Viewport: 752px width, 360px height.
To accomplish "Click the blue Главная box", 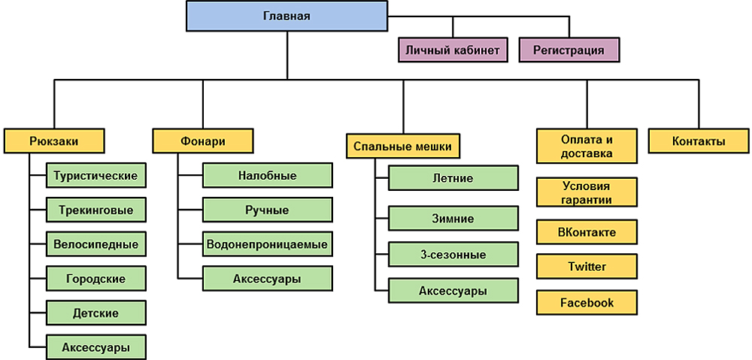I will pos(287,17).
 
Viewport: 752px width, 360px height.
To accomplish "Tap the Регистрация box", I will pos(569,50).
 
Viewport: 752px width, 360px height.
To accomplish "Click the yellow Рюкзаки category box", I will pos(54,141).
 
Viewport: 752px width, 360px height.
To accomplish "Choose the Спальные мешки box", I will pos(403,146).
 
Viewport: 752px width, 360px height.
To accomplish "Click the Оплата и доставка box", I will pos(587,147).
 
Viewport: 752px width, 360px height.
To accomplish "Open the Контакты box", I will pos(699,141).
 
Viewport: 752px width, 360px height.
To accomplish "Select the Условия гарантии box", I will pos(587,192).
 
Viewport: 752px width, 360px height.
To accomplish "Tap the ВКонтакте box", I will pos(587,232).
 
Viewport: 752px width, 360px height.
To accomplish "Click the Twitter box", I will pos(587,267).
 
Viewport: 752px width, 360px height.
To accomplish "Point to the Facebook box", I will pos(587,303).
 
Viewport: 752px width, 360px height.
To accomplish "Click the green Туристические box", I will pos(95,176).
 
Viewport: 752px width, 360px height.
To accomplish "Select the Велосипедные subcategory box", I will pos(95,244).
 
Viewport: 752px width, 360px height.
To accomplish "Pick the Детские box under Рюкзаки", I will pos(95,313).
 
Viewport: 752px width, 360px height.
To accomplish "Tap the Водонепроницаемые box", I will pos(267,244).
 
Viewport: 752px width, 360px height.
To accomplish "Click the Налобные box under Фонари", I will pos(267,176).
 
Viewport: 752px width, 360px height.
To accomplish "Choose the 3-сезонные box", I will pos(453,254).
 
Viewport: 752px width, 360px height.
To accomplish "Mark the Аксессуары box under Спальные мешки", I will pos(453,290).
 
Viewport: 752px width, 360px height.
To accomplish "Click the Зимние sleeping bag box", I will pos(453,219).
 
